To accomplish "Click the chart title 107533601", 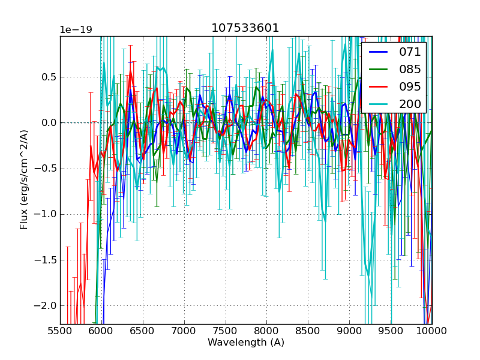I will tap(245, 28).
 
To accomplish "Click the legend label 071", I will tap(410, 52).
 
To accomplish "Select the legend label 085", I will tap(410, 69).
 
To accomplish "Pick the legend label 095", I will tap(410, 86).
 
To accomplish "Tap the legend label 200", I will tap(410, 104).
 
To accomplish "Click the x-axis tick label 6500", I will tap(143, 331).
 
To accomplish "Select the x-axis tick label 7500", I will tap(226, 331).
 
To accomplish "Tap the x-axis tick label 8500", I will tap(308, 331).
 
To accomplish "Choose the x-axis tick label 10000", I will tap(431, 331).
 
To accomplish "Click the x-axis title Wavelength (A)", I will tap(246, 343).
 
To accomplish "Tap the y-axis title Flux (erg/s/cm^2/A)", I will tap(24, 180).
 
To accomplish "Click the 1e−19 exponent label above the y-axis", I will tap(76, 30).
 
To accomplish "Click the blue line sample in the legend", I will tap(378, 52).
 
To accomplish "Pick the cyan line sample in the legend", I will tap(378, 104).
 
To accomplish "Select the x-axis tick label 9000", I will tap(349, 331).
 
